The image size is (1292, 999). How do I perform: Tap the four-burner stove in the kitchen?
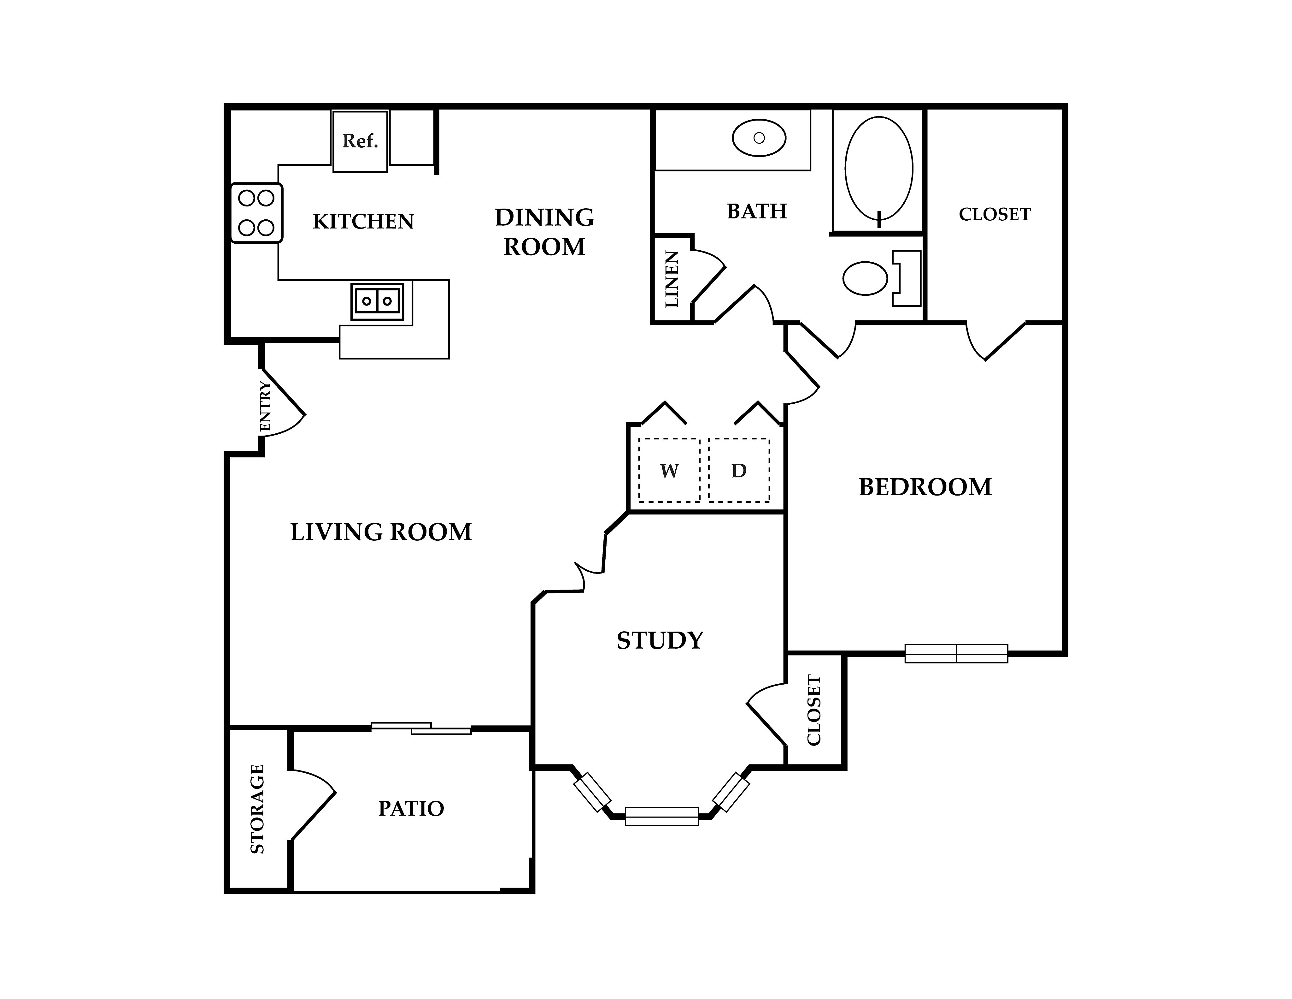coord(256,212)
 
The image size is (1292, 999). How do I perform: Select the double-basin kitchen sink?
coord(377,301)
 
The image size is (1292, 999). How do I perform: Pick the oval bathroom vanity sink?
coord(759,138)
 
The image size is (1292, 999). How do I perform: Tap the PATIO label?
coord(411,808)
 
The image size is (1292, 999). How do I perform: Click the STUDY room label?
coord(660,640)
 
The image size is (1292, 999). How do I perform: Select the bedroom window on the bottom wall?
coord(956,653)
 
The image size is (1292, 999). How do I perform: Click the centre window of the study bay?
coord(662,816)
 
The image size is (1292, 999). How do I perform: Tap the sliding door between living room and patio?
coord(421,728)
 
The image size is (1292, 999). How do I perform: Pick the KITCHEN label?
coord(363,221)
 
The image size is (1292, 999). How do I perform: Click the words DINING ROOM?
coord(544,232)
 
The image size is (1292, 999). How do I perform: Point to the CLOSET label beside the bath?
coord(995,214)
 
